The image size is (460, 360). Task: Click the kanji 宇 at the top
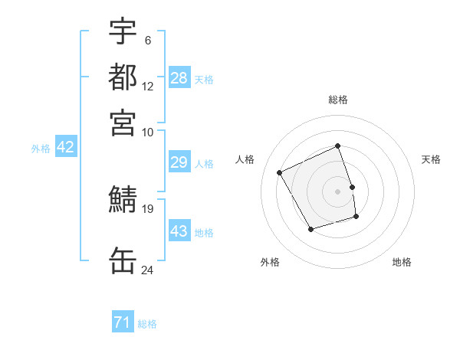(x=123, y=32)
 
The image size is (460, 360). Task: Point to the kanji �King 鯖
(x=123, y=200)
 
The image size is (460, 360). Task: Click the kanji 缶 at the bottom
(x=123, y=260)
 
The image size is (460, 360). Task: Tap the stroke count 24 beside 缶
(x=148, y=270)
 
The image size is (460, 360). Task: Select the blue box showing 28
(x=179, y=78)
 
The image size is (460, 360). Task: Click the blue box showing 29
(x=179, y=162)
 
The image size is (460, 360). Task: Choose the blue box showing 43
(x=179, y=231)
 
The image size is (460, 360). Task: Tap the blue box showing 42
(x=66, y=147)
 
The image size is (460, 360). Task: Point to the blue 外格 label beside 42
(x=41, y=149)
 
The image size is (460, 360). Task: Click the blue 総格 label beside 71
(x=147, y=324)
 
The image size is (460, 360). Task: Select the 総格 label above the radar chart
(x=338, y=100)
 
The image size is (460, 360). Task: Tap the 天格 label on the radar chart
(x=431, y=159)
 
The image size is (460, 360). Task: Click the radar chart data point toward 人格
(x=280, y=173)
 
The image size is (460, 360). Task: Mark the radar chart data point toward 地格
(x=356, y=217)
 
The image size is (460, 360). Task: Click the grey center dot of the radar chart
(x=338, y=191)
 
